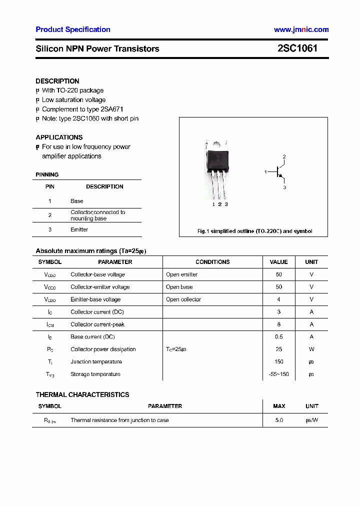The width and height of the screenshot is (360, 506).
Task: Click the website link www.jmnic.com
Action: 301,29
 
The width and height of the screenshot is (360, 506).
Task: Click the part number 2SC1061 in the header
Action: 297,48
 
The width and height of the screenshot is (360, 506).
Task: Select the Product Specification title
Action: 73,29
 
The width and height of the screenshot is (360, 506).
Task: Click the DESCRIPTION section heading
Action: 57,81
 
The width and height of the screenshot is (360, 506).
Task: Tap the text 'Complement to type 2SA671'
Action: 82,109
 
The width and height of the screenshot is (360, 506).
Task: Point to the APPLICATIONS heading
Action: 59,137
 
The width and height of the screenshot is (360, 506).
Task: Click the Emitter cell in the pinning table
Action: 79,229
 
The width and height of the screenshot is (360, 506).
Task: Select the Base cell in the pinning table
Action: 76,201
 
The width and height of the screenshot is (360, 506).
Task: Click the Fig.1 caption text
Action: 254,231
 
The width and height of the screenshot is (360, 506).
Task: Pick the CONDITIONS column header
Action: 212,262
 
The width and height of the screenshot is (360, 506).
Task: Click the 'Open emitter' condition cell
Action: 181,274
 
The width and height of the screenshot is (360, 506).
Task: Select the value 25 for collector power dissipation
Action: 278,349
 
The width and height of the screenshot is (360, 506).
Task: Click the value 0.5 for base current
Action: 278,337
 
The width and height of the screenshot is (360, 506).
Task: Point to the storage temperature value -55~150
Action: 278,374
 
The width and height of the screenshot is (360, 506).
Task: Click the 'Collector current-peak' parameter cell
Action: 97,324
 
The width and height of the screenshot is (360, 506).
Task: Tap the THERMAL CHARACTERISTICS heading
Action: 82,394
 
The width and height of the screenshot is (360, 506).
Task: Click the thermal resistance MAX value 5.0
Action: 279,420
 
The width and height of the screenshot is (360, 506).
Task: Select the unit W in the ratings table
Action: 311,349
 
